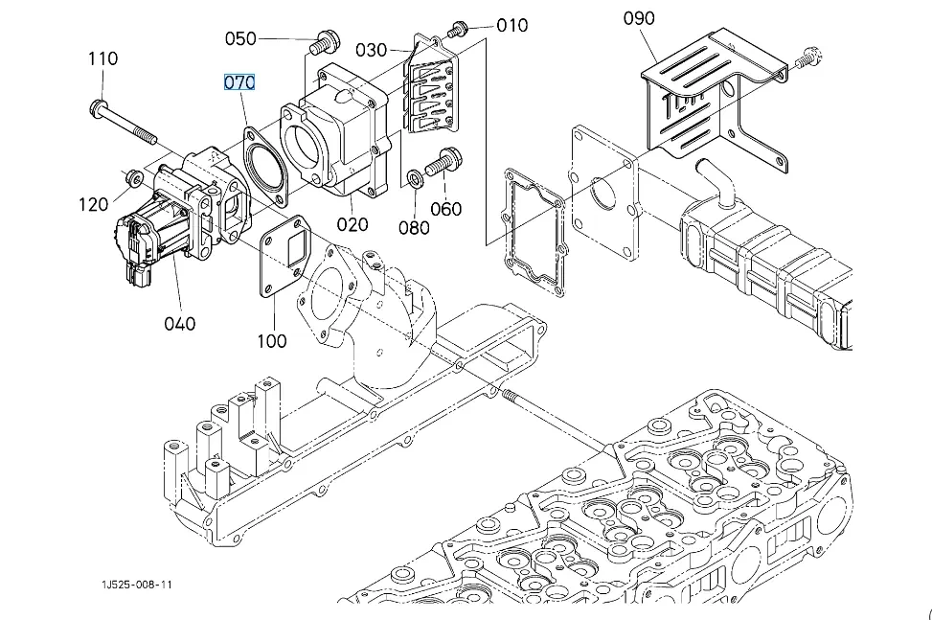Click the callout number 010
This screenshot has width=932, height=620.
pos(512,25)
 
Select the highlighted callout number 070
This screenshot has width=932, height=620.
pos(239,82)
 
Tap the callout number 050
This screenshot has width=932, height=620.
pos(240,38)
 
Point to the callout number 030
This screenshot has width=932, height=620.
pos(371,50)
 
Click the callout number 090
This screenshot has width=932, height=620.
pos(638,18)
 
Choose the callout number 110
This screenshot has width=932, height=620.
pos(103,58)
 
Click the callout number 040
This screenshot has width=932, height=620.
pos(179,323)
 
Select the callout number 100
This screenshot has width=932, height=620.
pos(272,340)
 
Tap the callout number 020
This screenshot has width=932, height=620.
pos(352,225)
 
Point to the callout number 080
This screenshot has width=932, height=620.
pos(414,227)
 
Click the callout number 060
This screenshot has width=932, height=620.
pos(445,209)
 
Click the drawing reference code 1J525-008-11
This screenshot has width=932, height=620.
pos(139,585)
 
